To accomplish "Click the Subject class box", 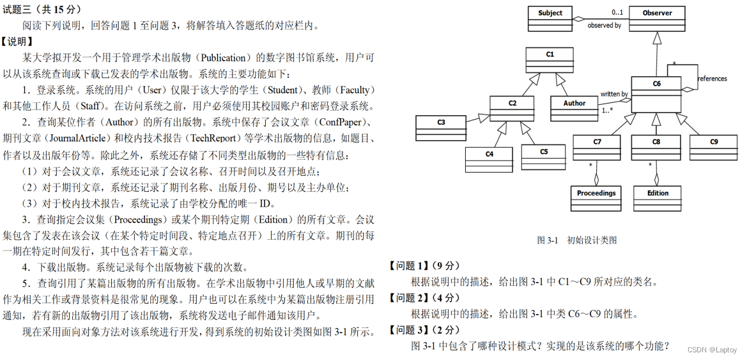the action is (x=550, y=19).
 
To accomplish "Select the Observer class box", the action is (x=658, y=19).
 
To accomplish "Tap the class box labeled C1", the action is (x=550, y=60).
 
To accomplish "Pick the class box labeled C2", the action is (x=512, y=109).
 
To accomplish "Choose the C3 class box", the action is (x=441, y=127).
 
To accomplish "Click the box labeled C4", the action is (x=489, y=159).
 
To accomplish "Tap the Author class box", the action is (x=574, y=109).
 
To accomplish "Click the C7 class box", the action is (x=597, y=147).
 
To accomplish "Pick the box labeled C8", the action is (x=656, y=147).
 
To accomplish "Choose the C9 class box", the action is (x=714, y=147).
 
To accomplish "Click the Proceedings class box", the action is (x=596, y=198).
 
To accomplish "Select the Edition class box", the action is (x=658, y=198).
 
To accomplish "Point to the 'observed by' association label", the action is (x=604, y=26).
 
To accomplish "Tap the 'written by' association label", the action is (x=614, y=94).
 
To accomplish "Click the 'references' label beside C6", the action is (x=712, y=79).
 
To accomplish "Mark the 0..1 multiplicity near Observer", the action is (x=617, y=12).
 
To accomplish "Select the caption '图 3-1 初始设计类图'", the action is (x=576, y=240).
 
